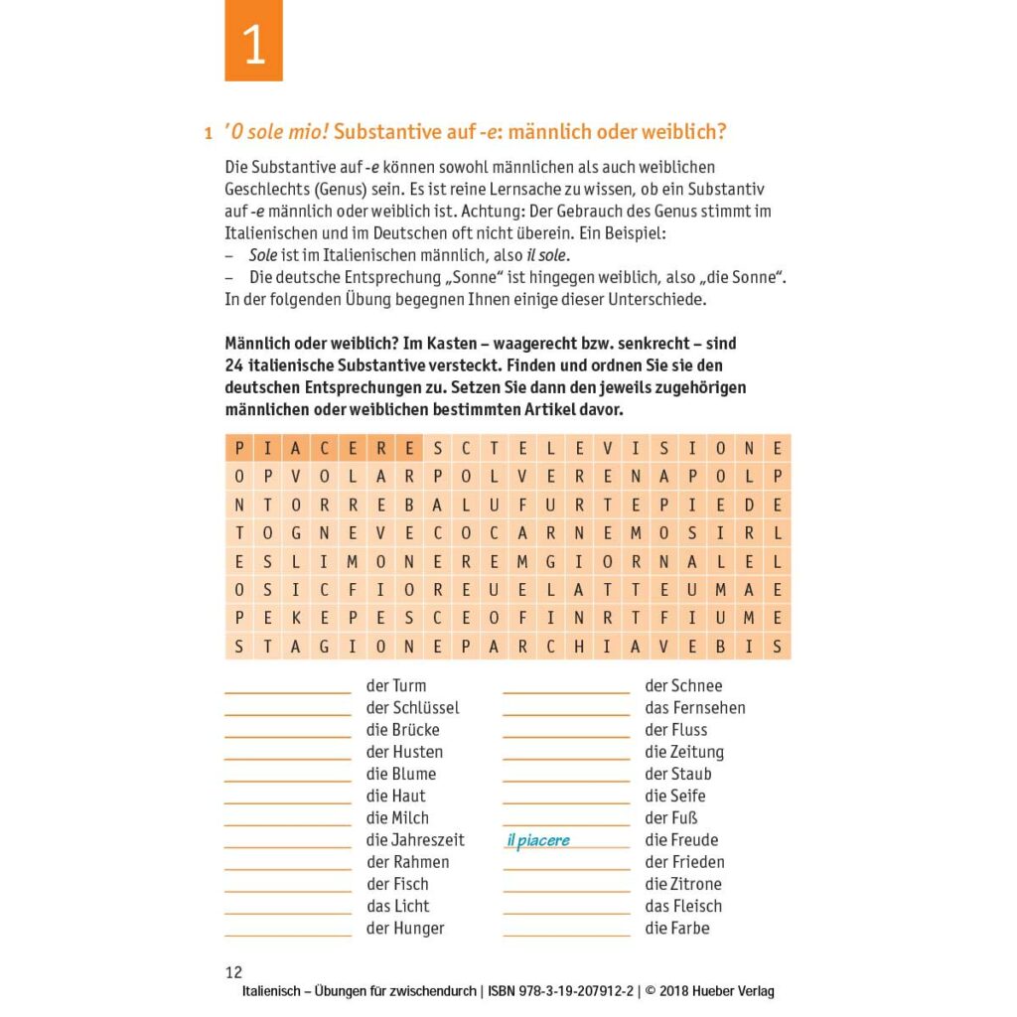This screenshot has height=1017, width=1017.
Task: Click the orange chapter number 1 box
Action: click(x=253, y=42)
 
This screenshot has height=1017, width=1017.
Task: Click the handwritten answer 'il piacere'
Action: click(x=538, y=840)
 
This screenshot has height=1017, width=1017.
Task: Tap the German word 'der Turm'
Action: click(x=396, y=685)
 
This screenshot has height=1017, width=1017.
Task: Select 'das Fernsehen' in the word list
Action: click(x=694, y=707)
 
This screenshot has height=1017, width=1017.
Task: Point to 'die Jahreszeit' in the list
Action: click(x=415, y=840)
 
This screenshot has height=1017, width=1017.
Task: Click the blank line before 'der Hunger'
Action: click(x=288, y=935)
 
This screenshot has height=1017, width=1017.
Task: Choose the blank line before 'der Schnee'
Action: click(x=566, y=691)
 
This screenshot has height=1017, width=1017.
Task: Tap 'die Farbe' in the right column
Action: click(x=677, y=928)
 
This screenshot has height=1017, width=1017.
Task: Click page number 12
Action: click(x=233, y=972)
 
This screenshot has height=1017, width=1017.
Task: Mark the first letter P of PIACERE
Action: click(x=239, y=448)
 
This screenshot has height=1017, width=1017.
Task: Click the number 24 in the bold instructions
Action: click(x=234, y=365)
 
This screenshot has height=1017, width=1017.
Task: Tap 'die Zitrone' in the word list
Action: click(x=683, y=884)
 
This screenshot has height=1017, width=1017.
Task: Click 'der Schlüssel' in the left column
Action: click(x=412, y=707)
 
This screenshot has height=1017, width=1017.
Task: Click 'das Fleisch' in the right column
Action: click(x=683, y=906)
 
